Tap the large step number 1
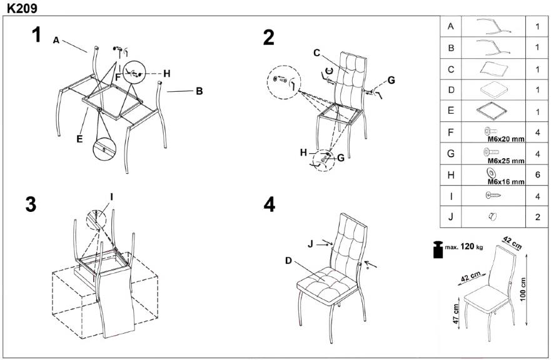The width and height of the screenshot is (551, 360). point(37,36)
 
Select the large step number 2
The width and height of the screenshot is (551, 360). point(269,37)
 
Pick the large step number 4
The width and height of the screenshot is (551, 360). point(270,204)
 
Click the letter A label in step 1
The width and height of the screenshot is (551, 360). point(56,40)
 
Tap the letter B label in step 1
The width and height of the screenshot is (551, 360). point(199,91)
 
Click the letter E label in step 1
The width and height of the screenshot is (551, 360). point(79,139)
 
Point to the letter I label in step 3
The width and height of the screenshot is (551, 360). point(111,197)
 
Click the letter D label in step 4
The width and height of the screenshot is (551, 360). point(290,261)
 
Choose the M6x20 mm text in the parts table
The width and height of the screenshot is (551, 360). point(506,139)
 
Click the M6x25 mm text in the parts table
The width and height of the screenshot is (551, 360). point(506,161)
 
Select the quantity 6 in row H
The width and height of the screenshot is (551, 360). point(537,176)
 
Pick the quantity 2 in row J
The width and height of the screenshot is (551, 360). point(537,218)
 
